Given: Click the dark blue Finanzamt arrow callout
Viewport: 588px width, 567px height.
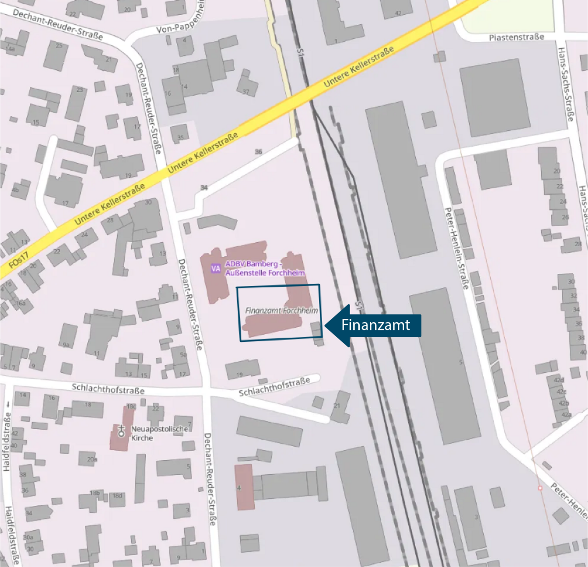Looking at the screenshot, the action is pyautogui.click(x=374, y=325).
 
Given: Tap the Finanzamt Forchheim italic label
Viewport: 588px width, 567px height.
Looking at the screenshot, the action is pyautogui.click(x=281, y=311).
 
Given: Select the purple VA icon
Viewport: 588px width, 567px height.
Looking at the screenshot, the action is pyautogui.click(x=215, y=268).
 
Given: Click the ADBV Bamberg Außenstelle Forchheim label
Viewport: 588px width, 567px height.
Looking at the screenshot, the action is pyautogui.click(x=265, y=268).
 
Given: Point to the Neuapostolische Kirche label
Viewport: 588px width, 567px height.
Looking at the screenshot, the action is pyautogui.click(x=159, y=433).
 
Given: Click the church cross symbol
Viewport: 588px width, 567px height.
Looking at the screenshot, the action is pyautogui.click(x=121, y=431).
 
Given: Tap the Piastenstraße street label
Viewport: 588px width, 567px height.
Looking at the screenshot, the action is pyautogui.click(x=516, y=37).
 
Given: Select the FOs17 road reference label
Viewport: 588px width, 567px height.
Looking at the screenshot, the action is pyautogui.click(x=18, y=260).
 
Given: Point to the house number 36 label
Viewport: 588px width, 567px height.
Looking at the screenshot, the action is pyautogui.click(x=258, y=152).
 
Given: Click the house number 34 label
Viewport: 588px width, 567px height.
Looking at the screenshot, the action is pyautogui.click(x=204, y=187).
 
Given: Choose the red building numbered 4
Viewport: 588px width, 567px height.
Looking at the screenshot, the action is pyautogui.click(x=244, y=487).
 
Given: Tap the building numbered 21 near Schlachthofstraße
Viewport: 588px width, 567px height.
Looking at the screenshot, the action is pyautogui.click(x=340, y=406).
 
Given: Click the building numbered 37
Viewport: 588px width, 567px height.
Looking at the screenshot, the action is pyautogui.click(x=247, y=85).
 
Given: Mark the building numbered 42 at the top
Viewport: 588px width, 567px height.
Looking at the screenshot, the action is pyautogui.click(x=396, y=9).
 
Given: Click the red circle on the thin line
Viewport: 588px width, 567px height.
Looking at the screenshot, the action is pyautogui.click(x=540, y=488).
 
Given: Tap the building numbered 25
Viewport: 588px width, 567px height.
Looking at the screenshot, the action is pyautogui.click(x=56, y=55).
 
